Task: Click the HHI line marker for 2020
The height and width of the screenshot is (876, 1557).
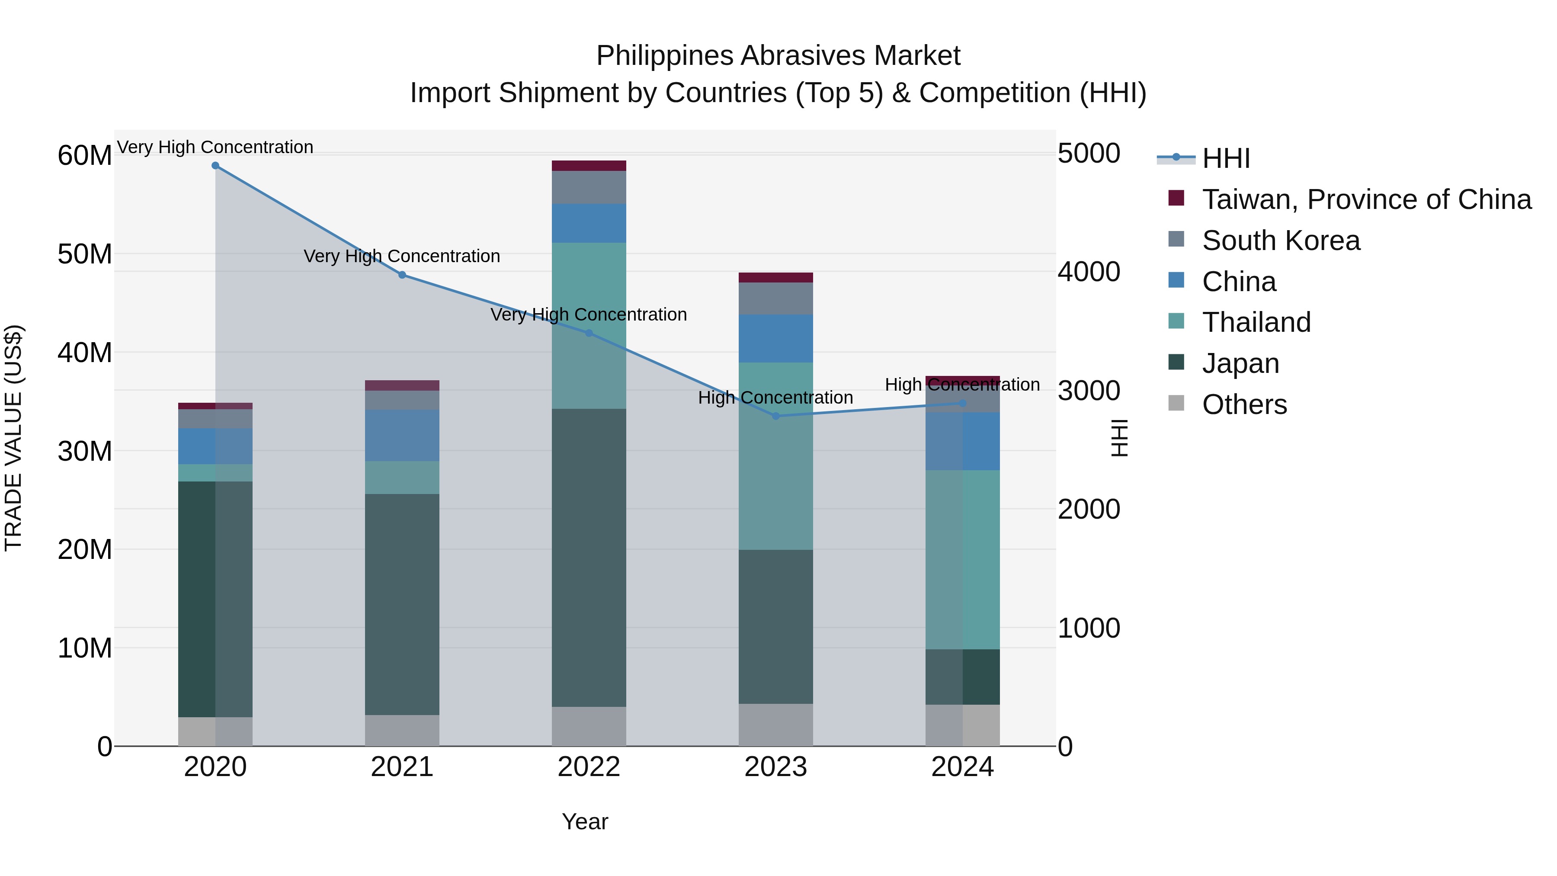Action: pyautogui.click(x=215, y=166)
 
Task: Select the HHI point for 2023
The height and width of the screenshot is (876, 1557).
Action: pyautogui.click(x=776, y=416)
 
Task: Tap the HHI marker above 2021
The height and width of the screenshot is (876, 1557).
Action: pyautogui.click(x=402, y=275)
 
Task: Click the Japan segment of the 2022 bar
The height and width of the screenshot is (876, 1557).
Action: pyautogui.click(x=589, y=558)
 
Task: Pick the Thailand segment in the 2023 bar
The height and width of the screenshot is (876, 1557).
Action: pyautogui.click(x=776, y=456)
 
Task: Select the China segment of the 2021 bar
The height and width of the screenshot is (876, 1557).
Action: pyautogui.click(x=402, y=435)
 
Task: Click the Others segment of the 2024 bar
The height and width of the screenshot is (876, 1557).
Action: pyautogui.click(x=962, y=725)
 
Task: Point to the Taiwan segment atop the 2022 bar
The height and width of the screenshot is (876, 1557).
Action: pyautogui.click(x=589, y=166)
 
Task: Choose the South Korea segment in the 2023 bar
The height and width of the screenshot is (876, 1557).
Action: pyautogui.click(x=776, y=298)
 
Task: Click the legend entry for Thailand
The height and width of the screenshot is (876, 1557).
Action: pyautogui.click(x=1256, y=322)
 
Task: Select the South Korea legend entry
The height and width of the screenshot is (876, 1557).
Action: pyautogui.click(x=1281, y=241)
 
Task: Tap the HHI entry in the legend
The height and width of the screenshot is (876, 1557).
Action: pyautogui.click(x=1226, y=158)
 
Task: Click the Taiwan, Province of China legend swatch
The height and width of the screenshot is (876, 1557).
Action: pyautogui.click(x=1176, y=198)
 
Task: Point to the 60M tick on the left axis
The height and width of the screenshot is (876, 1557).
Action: pyautogui.click(x=85, y=155)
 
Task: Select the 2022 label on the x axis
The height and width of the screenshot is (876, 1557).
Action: pyautogui.click(x=589, y=767)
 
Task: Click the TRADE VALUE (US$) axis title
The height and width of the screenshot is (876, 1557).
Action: pyautogui.click(x=13, y=438)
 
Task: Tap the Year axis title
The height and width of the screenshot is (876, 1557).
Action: pyautogui.click(x=584, y=821)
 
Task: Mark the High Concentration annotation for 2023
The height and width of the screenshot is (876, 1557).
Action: pyautogui.click(x=775, y=398)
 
